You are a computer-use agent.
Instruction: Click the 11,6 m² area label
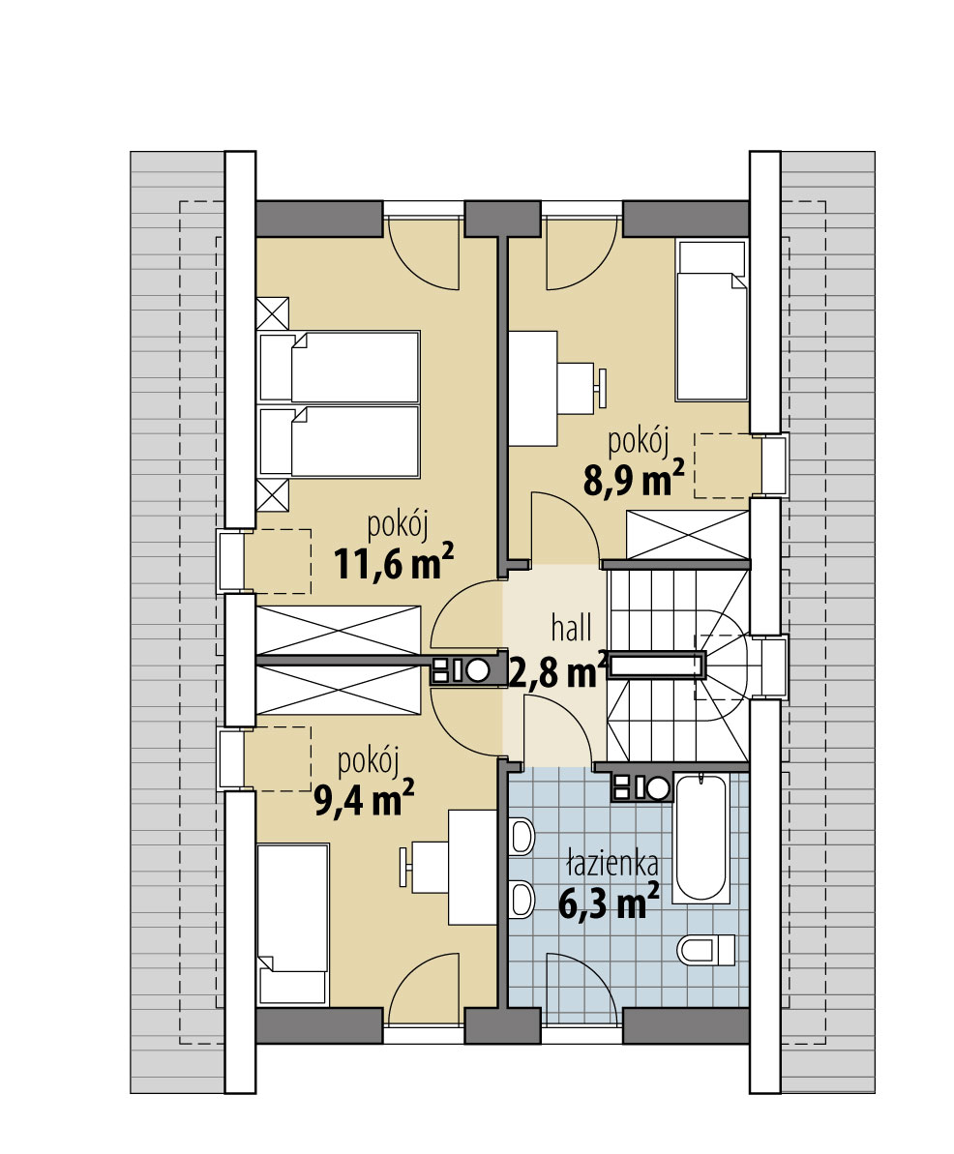coord(393,562)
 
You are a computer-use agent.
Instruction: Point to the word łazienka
coord(611,863)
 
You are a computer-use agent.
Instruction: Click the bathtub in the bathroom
coord(701,837)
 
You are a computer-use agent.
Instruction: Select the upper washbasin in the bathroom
coord(522,837)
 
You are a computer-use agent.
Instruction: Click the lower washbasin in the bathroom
coord(522,899)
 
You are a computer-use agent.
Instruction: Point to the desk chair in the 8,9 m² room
coord(581,387)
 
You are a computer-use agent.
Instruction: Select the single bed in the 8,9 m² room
coord(712,321)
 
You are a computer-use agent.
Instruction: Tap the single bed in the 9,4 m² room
coord(292,923)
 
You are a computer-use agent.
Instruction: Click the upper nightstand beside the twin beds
coord(273,313)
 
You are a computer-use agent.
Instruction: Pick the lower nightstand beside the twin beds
coord(273,494)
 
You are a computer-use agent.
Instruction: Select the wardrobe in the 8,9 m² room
coord(688,535)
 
